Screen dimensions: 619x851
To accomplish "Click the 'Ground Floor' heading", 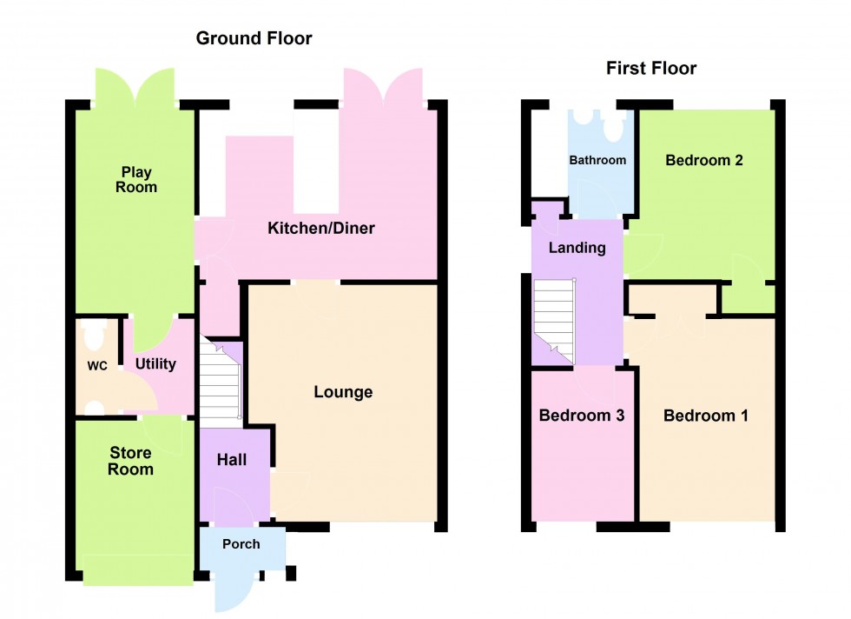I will pyautogui.click(x=254, y=38).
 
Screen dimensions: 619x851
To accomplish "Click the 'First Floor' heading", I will pyautogui.click(x=651, y=69).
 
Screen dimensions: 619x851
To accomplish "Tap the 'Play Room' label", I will pyautogui.click(x=137, y=180).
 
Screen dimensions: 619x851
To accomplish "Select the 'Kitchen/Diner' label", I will pyautogui.click(x=320, y=229).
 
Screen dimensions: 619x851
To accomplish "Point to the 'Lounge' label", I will pyautogui.click(x=343, y=392).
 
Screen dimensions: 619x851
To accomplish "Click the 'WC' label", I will pyautogui.click(x=96, y=366).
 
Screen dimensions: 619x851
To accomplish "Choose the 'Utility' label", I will pyautogui.click(x=155, y=363).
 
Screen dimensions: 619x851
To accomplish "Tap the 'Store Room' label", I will pyautogui.click(x=130, y=462).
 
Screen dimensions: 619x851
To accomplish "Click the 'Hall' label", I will pyautogui.click(x=231, y=459).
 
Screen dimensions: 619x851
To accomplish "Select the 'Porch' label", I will pyautogui.click(x=241, y=544).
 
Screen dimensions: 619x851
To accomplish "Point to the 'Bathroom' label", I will pyautogui.click(x=597, y=160).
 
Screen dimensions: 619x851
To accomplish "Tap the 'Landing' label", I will pyautogui.click(x=577, y=248).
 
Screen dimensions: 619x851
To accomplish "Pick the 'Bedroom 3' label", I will pyautogui.click(x=581, y=416).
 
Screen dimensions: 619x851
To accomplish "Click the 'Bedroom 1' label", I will pyautogui.click(x=705, y=416).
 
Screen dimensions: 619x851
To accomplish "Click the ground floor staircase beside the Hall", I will pyautogui.click(x=221, y=381).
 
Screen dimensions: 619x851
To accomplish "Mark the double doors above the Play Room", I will pyautogui.click(x=135, y=87).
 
